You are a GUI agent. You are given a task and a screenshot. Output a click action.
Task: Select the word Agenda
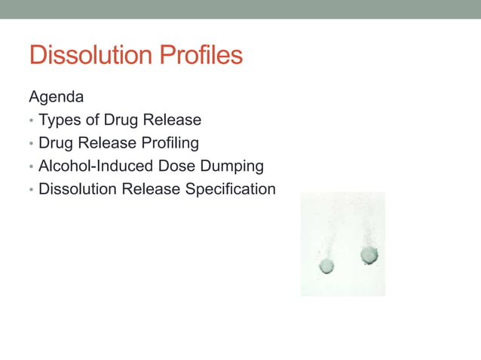(57, 97)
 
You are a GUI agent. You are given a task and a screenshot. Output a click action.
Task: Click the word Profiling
(170, 143)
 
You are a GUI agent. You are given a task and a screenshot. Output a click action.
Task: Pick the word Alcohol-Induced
(93, 166)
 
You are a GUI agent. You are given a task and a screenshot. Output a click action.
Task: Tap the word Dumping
(230, 166)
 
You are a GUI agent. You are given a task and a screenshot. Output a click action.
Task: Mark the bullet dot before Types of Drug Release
(31, 121)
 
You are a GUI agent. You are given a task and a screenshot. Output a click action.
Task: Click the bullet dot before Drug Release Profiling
(31, 144)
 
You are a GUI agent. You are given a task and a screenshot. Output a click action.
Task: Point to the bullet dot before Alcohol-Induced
(31, 166)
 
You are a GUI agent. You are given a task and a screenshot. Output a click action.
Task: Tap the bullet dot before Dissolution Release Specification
(31, 190)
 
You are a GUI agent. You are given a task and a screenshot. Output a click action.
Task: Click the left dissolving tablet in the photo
(326, 266)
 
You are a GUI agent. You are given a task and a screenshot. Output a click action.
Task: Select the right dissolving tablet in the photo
(369, 255)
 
